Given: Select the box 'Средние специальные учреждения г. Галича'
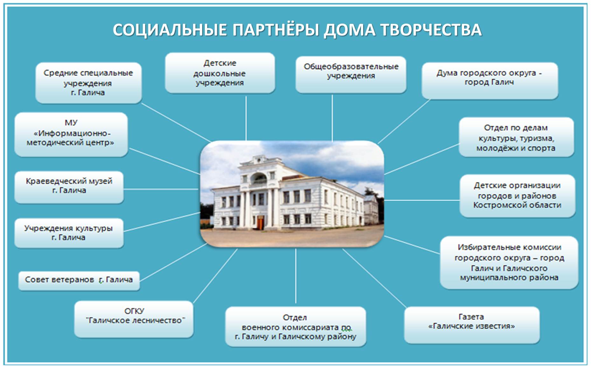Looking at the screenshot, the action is pyautogui.click(x=88, y=83).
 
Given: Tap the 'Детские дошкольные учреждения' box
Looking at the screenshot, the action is pyautogui.click(x=220, y=73).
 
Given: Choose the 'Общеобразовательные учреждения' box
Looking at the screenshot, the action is pyautogui.click(x=351, y=75).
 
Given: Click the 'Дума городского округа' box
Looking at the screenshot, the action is pyautogui.click(x=490, y=81).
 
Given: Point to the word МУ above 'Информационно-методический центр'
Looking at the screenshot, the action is pyautogui.click(x=71, y=123).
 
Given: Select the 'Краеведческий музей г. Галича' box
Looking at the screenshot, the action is pyautogui.click(x=69, y=188).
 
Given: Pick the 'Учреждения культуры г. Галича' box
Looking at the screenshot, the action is pyautogui.click(x=69, y=233).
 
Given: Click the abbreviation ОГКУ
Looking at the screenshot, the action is pyautogui.click(x=134, y=311).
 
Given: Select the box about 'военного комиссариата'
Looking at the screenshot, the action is pyautogui.click(x=295, y=326).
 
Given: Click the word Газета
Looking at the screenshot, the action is pyautogui.click(x=471, y=317).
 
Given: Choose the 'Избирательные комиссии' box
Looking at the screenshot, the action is pyautogui.click(x=509, y=263).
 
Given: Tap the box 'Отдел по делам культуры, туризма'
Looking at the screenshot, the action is pyautogui.click(x=516, y=137).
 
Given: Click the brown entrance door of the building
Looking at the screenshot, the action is pyautogui.click(x=261, y=223).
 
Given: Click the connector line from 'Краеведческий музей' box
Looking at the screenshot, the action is pyautogui.click(x=161, y=189).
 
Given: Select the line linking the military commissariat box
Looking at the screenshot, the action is pyautogui.click(x=295, y=276).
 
